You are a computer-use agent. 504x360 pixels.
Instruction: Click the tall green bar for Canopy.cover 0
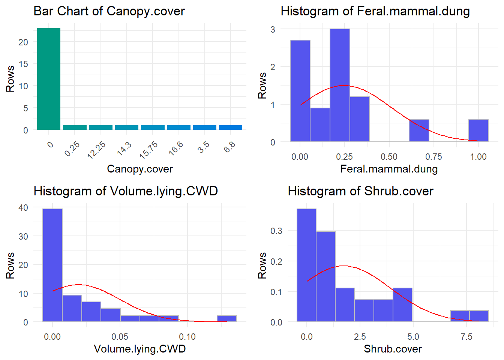coord(49,79)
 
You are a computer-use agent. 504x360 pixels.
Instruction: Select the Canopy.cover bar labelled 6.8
coord(231,127)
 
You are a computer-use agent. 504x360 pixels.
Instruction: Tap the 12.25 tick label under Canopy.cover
coord(97,150)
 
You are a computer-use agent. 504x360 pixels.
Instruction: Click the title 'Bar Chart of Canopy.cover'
coord(109,11)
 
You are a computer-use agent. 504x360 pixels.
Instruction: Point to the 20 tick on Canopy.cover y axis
coord(23,42)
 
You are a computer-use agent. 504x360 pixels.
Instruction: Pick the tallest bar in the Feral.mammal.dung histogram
coord(340,85)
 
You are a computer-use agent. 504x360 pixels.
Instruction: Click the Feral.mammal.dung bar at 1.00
coord(478,130)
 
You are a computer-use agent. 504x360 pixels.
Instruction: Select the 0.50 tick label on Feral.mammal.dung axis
coord(389,157)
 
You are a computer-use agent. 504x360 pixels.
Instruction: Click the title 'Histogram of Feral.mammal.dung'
coord(375,11)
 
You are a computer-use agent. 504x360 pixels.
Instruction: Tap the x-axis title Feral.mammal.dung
coord(389,169)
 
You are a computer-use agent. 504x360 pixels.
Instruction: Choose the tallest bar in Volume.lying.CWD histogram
coord(52,265)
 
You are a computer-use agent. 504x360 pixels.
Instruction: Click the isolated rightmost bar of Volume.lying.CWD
coord(227,318)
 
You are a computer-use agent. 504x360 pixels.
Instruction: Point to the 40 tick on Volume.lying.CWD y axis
coord(23,208)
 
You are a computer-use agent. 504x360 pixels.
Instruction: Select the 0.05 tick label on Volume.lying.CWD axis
coord(120,337)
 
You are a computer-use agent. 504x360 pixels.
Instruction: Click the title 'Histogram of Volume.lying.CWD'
coord(126,191)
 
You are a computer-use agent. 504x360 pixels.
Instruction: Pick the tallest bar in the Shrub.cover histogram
coord(306,265)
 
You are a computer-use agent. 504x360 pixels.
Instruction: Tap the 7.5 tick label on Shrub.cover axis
coord(466,337)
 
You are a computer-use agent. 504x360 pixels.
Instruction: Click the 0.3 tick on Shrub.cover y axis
coord(276,231)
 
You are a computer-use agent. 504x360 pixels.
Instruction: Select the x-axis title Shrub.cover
coord(393,349)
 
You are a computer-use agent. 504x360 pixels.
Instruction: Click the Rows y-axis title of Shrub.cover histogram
coord(262,265)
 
